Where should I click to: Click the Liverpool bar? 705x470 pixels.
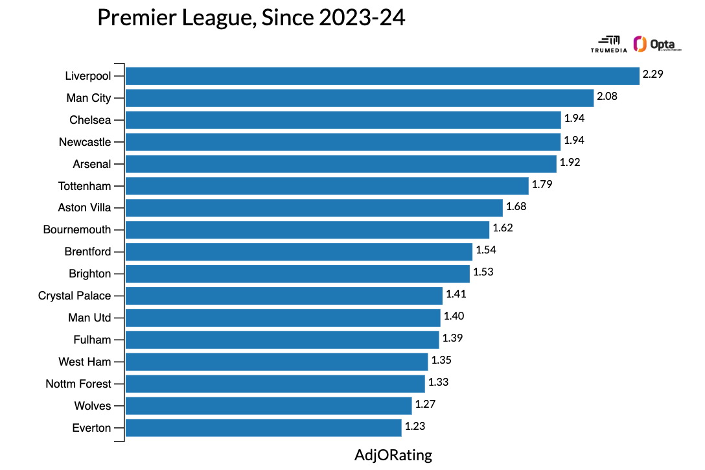[382, 76]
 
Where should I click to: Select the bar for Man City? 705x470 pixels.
[360, 98]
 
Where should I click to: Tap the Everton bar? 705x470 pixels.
[263, 428]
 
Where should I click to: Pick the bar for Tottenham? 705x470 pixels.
[327, 186]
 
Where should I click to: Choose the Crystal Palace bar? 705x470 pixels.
[284, 296]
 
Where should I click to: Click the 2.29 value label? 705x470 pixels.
[653, 75]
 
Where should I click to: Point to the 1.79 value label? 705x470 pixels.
[542, 185]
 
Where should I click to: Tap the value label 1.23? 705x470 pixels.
[415, 427]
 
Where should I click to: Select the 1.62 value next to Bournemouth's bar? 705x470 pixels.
[503, 228]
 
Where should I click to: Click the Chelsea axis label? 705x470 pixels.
[90, 120]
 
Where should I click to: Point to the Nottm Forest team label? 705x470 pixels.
[78, 384]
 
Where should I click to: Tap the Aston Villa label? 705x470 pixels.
[84, 208]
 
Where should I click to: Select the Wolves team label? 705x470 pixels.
[93, 406]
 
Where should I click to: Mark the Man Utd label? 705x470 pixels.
[89, 318]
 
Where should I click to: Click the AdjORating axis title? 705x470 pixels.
[393, 455]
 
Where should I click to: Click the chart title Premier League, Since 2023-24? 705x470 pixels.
[251, 18]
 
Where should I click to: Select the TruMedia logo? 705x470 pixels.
[609, 44]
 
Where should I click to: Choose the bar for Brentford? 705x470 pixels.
[299, 252]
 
